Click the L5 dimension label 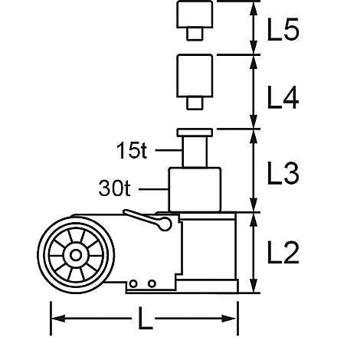283,29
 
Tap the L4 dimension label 283,97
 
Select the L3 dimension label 283,173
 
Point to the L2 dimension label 283,253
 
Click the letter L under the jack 145,318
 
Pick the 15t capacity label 132,150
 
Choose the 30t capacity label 114,188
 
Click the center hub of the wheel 76,255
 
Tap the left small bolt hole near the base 133,283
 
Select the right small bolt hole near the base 152,283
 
